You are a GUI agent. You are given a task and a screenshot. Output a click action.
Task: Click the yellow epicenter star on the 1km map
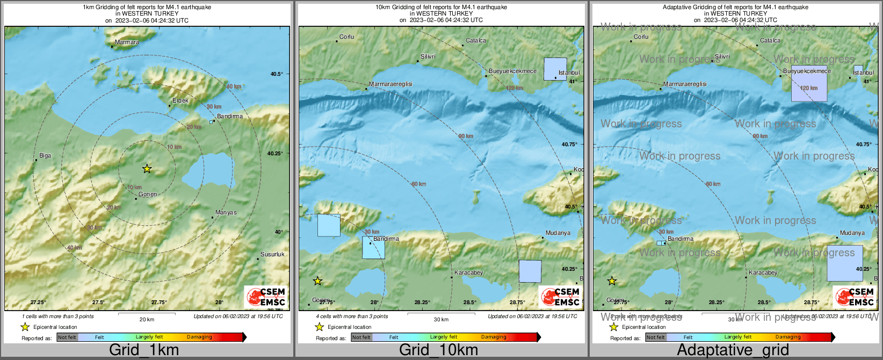click(x=147, y=169)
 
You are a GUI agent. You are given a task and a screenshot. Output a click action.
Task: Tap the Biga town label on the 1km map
click(x=45, y=156)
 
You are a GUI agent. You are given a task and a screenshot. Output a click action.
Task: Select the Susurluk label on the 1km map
click(x=272, y=254)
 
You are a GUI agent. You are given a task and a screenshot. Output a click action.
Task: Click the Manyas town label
click(x=226, y=213)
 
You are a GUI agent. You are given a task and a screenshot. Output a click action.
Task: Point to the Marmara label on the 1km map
click(x=127, y=42)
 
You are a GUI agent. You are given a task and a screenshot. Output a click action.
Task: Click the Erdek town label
click(x=180, y=101)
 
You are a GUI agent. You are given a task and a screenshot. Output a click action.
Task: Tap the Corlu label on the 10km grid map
click(x=346, y=37)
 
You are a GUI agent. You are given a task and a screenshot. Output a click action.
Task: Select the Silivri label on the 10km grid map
click(x=428, y=56)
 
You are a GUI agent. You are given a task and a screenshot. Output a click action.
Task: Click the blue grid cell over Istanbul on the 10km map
click(x=555, y=69)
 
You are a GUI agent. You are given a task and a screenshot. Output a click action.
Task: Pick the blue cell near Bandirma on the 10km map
click(x=373, y=248)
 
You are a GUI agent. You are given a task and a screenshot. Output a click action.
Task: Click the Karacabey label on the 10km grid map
click(x=468, y=273)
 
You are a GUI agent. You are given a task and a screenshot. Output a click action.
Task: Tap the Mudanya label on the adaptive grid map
click(x=852, y=233)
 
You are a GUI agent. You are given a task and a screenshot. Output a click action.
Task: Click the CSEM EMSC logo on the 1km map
click(x=266, y=297)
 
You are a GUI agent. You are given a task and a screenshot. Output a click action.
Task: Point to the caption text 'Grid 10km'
click(x=438, y=350)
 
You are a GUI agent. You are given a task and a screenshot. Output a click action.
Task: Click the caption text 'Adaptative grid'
click(x=733, y=350)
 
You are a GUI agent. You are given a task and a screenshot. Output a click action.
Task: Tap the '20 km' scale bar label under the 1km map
click(x=147, y=320)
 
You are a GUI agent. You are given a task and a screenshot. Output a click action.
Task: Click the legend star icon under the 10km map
click(x=319, y=327)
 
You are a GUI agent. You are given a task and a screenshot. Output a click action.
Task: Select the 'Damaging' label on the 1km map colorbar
click(x=199, y=337)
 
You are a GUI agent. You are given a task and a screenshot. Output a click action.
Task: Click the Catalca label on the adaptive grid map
click(x=770, y=41)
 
